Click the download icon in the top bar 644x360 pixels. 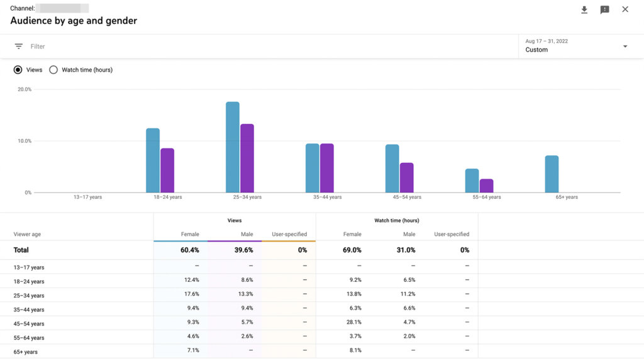click(584, 9)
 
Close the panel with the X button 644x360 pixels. click(625, 9)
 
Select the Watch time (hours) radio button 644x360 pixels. click(53, 70)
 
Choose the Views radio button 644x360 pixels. click(18, 70)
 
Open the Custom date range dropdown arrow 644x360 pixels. click(625, 47)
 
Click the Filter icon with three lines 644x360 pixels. click(19, 47)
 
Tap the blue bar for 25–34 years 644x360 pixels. click(233, 147)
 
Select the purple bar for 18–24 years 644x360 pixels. click(167, 171)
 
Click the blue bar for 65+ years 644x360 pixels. click(552, 174)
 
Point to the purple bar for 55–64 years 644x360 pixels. click(486, 186)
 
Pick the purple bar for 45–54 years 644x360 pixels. click(407, 177)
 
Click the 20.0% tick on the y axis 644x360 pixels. click(24, 89)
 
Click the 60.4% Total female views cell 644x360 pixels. click(190, 250)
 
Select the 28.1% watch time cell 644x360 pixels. click(352, 323)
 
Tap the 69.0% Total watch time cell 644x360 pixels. click(352, 250)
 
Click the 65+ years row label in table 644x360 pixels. click(26, 352)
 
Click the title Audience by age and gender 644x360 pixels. click(74, 21)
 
